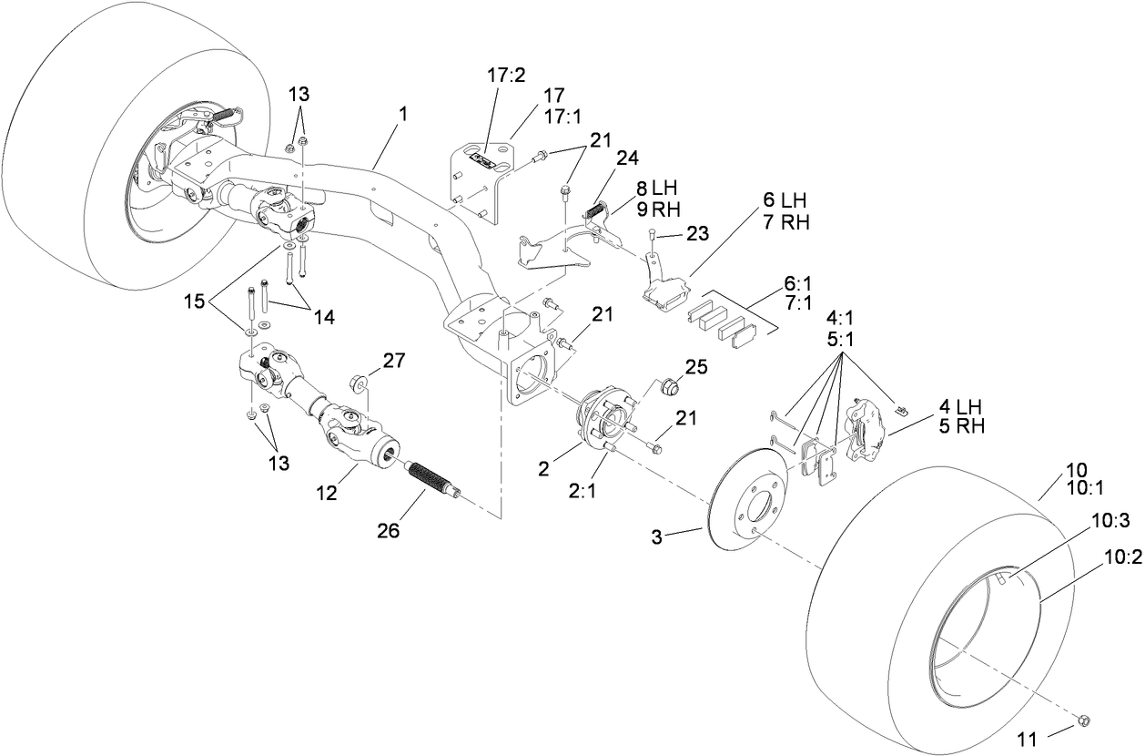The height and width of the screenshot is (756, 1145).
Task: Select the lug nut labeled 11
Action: pyautogui.click(x=1083, y=721)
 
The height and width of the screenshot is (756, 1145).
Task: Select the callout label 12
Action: pyautogui.click(x=328, y=494)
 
